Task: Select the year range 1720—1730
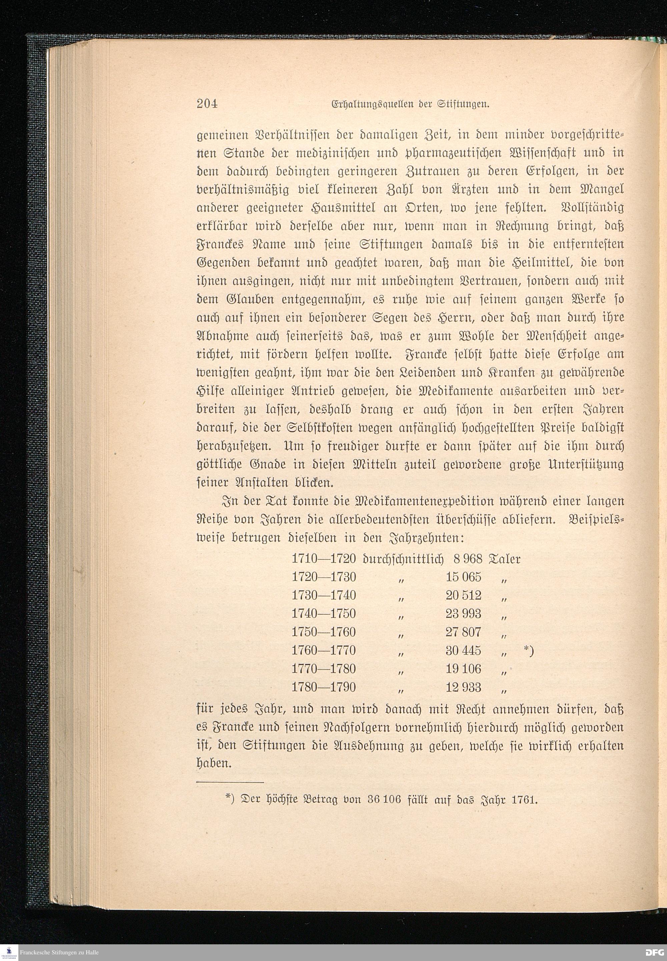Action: click(x=323, y=577)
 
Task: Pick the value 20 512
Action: click(x=464, y=595)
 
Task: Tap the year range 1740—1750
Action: click(x=323, y=614)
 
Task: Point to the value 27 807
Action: click(x=464, y=632)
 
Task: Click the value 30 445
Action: click(x=464, y=650)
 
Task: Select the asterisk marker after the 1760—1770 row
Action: click(x=528, y=650)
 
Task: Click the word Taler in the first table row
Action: click(x=506, y=559)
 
